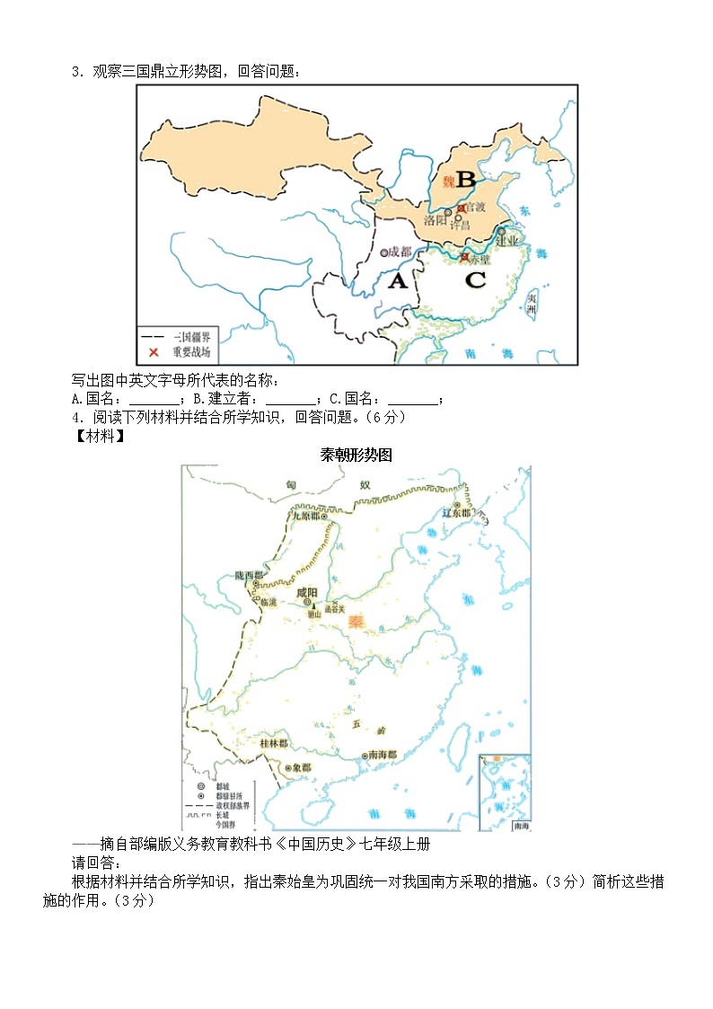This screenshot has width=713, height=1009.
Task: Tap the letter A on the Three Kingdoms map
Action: tap(397, 281)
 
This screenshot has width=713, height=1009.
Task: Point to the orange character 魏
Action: tap(448, 181)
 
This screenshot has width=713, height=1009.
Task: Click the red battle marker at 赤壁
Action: tap(464, 257)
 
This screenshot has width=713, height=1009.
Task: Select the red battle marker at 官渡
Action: tap(460, 208)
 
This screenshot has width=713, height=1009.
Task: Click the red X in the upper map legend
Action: tap(154, 352)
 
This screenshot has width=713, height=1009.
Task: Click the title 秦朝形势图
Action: tap(356, 455)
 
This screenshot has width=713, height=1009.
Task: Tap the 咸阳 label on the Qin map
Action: tap(306, 593)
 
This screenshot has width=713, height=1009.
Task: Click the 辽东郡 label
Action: tap(456, 512)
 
